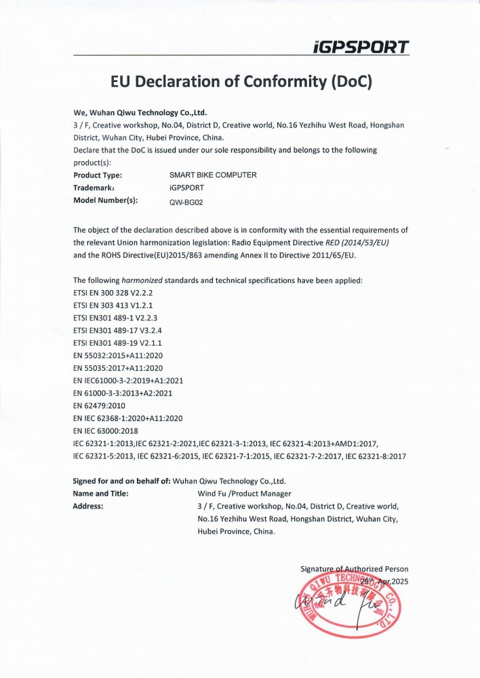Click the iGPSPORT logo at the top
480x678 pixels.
coord(361,47)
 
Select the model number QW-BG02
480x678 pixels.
coord(184,201)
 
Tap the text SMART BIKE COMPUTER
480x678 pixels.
coord(213,175)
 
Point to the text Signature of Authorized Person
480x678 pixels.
coord(355,569)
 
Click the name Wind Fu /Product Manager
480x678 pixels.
coord(244,494)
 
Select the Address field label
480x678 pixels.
coord(88,506)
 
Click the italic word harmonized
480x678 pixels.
coord(142,280)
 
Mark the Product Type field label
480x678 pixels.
coord(102,175)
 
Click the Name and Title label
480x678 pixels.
coord(101,494)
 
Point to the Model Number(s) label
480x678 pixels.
coord(105,201)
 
